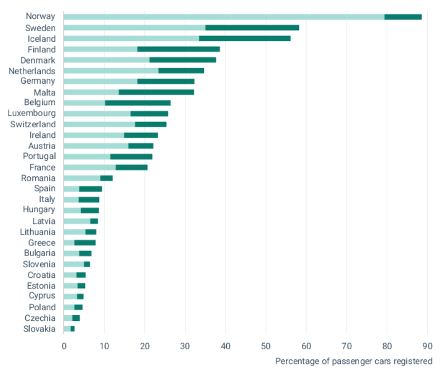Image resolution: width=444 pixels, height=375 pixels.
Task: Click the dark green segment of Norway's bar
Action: [x=403, y=17]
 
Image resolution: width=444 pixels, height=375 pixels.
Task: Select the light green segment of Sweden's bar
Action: [x=135, y=27]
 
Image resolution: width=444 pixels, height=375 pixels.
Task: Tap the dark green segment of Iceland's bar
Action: [x=245, y=39]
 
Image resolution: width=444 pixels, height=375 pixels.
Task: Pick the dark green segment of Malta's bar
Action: [x=156, y=92]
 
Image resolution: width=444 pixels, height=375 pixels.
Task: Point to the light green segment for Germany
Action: [x=101, y=81]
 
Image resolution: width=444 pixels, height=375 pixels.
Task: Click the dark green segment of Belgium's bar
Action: [x=138, y=103]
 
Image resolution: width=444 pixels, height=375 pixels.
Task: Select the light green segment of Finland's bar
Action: [x=101, y=49]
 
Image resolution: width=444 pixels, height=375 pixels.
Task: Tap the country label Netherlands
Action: [x=32, y=71]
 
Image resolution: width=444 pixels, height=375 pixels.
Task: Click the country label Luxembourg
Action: [x=31, y=113]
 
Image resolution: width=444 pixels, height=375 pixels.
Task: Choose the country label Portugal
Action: [x=39, y=156]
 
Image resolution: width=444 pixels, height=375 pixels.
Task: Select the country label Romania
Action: [x=38, y=178]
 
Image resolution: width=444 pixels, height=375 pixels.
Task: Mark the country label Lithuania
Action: [x=37, y=232]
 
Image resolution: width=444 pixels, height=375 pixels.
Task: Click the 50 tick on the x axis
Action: [x=266, y=345]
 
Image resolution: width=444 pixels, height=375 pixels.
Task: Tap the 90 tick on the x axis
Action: [x=427, y=345]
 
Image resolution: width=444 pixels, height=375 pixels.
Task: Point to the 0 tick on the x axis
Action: [x=64, y=345]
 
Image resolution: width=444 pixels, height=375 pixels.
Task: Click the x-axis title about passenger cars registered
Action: [x=354, y=361]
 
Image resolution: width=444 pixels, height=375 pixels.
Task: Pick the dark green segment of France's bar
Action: [x=132, y=167]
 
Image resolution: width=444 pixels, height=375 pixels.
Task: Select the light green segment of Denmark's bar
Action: [x=107, y=60]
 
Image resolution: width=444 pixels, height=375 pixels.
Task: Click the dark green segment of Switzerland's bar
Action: [x=151, y=124]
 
